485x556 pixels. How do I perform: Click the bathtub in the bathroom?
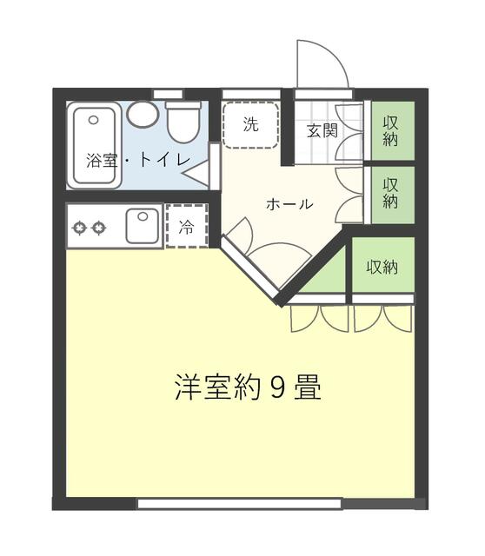94,145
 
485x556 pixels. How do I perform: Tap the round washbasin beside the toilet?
143,114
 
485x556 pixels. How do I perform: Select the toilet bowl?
183,122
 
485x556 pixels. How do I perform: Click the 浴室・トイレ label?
139,160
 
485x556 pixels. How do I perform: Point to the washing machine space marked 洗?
251,124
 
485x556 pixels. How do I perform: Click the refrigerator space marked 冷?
187,226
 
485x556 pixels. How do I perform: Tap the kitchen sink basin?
143,226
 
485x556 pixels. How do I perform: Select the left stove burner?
79,228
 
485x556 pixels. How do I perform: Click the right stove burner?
98,228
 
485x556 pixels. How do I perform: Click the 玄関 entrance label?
322,131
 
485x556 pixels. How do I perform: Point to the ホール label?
289,204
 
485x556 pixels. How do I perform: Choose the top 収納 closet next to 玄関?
392,130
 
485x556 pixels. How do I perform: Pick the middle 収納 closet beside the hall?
392,195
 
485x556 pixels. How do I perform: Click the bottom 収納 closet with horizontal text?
382,265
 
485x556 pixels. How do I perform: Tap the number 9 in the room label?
278,387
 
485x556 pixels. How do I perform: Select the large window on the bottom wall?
240,504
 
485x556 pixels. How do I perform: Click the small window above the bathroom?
168,95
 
